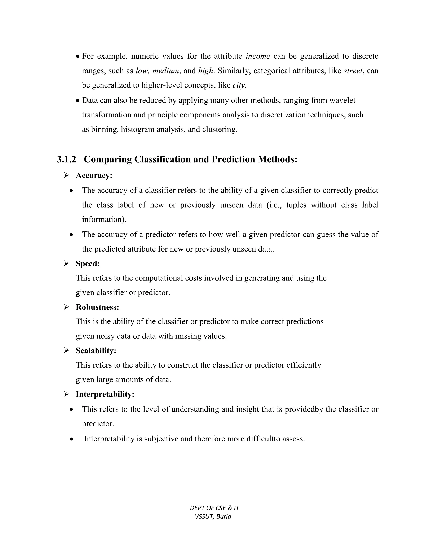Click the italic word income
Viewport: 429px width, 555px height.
tap(258, 56)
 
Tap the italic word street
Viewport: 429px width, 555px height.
tap(353, 71)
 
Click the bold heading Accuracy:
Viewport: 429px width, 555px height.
tap(94, 176)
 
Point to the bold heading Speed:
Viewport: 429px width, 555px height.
tap(88, 263)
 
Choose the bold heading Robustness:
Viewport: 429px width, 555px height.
tap(97, 307)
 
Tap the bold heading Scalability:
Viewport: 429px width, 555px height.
tap(96, 351)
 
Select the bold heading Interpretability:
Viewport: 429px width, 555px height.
tap(105, 394)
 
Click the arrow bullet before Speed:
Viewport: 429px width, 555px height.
tap(66, 263)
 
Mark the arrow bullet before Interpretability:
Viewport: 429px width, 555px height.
tap(66, 394)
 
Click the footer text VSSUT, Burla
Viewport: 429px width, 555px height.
tap(213, 517)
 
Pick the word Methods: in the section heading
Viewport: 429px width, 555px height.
tap(277, 160)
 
